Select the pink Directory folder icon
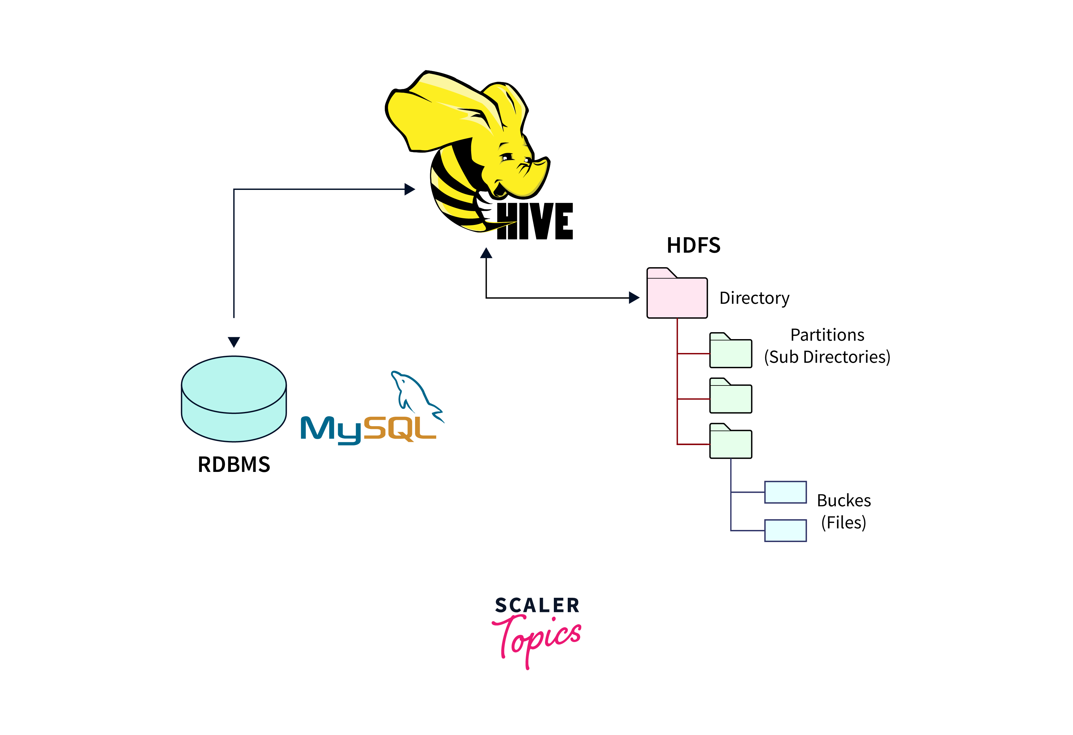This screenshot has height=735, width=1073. click(677, 296)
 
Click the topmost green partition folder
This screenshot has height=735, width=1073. click(730, 352)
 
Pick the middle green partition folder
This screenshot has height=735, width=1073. click(730, 397)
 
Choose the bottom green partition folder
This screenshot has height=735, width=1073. click(730, 442)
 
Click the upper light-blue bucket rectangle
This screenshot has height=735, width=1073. click(785, 492)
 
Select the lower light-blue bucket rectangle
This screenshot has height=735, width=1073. click(785, 531)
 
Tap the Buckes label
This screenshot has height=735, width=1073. click(843, 501)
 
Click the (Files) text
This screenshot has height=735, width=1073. click(843, 523)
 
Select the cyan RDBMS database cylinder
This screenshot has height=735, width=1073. click(234, 399)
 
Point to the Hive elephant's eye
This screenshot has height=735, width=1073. click(507, 157)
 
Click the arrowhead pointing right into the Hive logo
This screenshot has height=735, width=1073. click(409, 189)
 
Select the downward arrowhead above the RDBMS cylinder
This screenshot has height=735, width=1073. click(234, 342)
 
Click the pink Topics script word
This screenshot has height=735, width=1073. click(538, 639)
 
